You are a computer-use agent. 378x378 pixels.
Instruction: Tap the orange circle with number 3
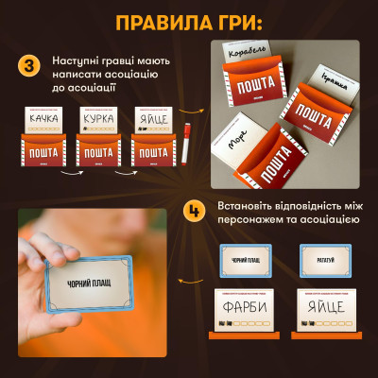click(x=27, y=67)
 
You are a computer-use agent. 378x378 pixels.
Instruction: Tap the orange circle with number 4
click(x=193, y=209)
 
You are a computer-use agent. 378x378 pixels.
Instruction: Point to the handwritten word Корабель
click(x=249, y=71)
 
